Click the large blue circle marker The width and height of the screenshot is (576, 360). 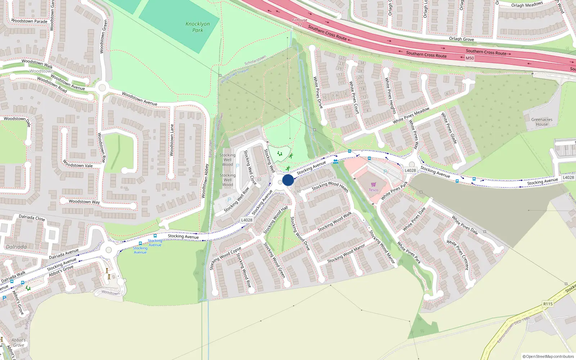(288, 180)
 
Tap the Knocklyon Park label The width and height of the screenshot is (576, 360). (197, 27)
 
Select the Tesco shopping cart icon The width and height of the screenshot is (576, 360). (373, 185)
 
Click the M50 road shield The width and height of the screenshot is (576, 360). (470, 58)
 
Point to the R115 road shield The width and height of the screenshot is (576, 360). (548, 304)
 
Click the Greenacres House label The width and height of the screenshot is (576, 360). (541, 122)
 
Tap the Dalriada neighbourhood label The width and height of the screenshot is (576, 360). (16, 247)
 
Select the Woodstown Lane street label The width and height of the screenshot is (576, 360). (172, 140)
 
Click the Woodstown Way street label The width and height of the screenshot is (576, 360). (84, 202)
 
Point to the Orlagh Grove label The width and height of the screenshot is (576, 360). (461, 39)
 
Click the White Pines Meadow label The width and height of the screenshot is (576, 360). (411, 116)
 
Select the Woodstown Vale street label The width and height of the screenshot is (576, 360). (77, 164)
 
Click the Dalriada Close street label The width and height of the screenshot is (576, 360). (32, 217)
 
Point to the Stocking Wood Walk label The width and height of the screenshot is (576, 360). (334, 222)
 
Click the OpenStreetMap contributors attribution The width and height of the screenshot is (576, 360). (548, 356)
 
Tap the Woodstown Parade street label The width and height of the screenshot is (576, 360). (29, 21)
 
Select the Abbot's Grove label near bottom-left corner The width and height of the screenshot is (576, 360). (18, 342)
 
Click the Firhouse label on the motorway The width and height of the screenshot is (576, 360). (300, 21)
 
